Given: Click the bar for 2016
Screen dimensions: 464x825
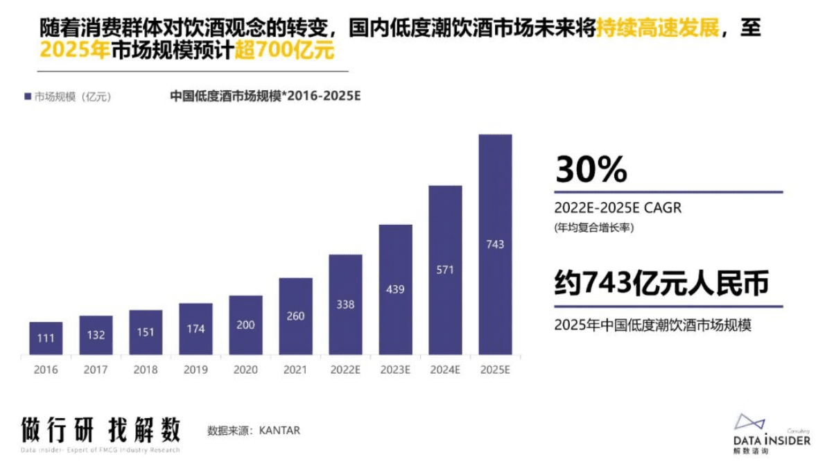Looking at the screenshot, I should (x=46, y=339).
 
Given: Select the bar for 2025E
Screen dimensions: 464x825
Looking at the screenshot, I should (x=495, y=245).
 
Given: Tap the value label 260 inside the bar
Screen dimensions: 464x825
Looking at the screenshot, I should (x=295, y=316).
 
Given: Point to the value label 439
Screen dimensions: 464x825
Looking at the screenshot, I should (x=395, y=289).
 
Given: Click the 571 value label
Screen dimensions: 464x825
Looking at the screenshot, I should (x=445, y=269).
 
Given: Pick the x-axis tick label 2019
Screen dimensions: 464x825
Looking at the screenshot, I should (x=196, y=370).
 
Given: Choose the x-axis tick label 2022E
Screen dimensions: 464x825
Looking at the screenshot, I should (x=345, y=370).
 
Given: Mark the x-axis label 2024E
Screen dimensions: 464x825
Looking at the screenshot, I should (x=445, y=370).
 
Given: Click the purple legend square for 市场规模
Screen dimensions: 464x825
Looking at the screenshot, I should (x=27, y=97).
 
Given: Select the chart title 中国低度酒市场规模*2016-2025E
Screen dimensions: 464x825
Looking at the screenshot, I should (x=265, y=96).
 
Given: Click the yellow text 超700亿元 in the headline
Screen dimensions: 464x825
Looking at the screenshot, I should (x=284, y=51).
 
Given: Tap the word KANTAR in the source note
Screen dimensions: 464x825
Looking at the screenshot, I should (x=279, y=431).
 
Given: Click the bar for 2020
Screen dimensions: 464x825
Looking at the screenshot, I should (x=245, y=325).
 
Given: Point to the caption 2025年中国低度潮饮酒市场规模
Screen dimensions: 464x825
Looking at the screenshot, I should (x=653, y=325).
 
